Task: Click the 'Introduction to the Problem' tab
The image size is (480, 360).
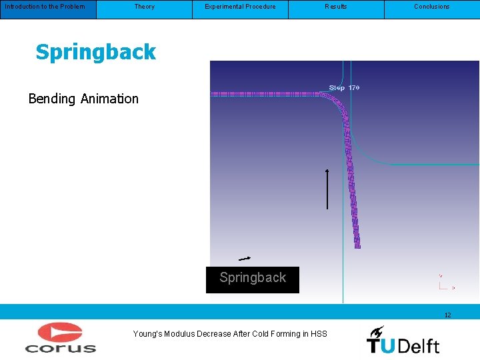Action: pos(45,7)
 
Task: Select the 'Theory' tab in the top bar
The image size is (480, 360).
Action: pos(144,7)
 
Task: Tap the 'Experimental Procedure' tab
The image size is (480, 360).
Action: pos(240,7)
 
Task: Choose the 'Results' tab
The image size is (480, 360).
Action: pos(336,7)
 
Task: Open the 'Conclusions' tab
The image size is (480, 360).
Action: pos(432,7)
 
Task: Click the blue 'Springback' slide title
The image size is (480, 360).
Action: pos(95,52)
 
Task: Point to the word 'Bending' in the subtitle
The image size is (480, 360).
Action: pos(52,99)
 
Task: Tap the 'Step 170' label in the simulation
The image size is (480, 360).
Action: pos(345,88)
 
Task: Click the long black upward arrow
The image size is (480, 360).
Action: pos(327,189)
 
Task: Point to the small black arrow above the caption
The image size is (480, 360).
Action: pos(245,258)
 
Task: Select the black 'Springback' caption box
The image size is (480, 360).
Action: pos(253,279)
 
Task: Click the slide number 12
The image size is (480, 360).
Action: pos(447,315)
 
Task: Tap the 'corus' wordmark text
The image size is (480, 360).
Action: pos(60,347)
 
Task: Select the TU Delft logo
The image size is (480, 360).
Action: pos(403,340)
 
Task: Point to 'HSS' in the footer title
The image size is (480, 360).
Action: pos(319,334)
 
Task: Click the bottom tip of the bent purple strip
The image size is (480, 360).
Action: pos(357,246)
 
